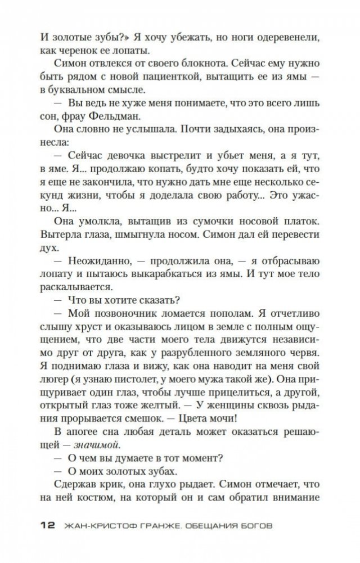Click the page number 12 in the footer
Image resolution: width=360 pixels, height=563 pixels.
48,525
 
